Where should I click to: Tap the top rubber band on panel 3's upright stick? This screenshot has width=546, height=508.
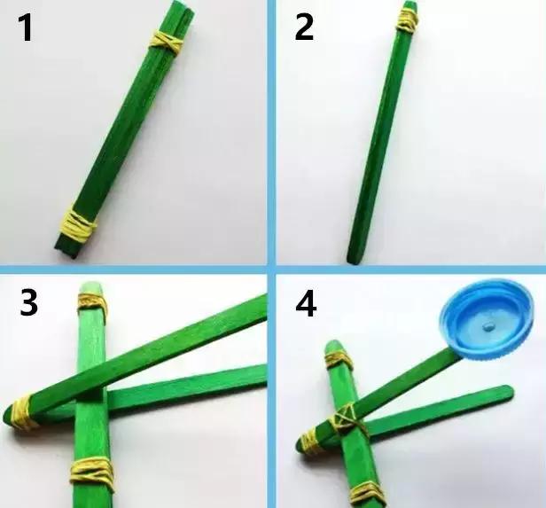(x=91, y=304)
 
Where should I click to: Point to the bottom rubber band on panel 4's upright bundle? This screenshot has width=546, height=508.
(x=365, y=493)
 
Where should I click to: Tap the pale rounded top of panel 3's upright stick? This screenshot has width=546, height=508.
(x=90, y=287)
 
